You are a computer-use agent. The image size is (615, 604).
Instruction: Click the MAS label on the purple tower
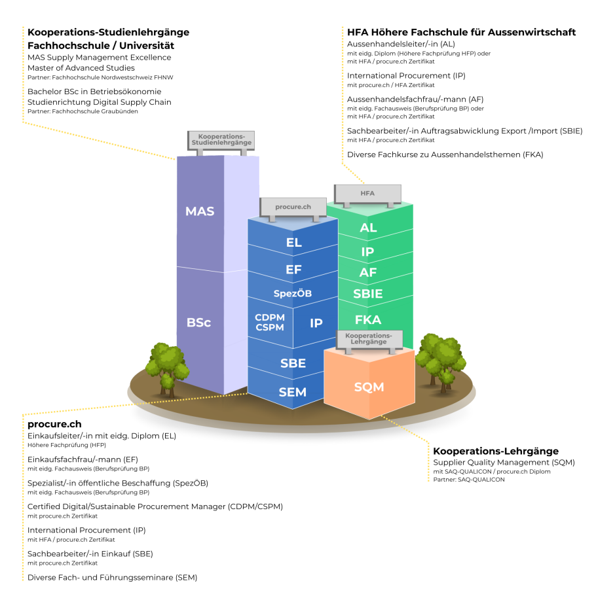pos(200,211)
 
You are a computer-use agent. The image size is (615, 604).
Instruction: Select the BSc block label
pos(198,323)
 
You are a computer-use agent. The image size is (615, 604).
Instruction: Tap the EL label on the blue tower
pos(294,243)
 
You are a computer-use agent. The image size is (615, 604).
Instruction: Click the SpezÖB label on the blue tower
pos(292,293)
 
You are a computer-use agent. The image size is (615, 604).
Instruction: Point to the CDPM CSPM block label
pos(269,322)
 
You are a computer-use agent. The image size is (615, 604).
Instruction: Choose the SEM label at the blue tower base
pos(292,392)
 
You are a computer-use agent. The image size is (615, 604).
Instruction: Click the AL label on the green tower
pos(368,228)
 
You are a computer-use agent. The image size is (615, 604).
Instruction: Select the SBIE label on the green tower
pos(368,293)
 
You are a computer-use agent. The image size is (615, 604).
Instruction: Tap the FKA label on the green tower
pos(368,319)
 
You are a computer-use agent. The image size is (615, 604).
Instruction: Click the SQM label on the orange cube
pos(369,387)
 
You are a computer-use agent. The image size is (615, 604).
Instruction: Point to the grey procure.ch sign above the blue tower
pos(293,207)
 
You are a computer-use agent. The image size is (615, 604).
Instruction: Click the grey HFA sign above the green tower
pos(367,194)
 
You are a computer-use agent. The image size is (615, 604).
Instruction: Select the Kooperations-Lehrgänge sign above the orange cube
pos(369,338)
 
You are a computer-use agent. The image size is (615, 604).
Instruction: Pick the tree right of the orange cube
pos(434,359)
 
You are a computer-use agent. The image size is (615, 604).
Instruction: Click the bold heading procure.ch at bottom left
pos(54,424)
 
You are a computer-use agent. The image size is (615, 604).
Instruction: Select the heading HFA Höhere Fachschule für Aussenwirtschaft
pos(461,32)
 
